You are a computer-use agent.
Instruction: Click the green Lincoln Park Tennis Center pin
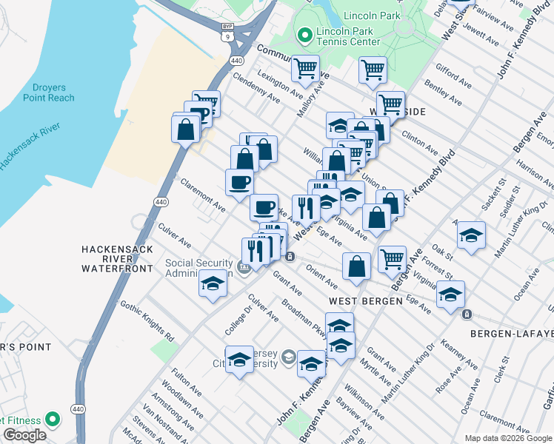(304, 35)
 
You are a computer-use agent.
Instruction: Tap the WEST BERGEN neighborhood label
(365, 301)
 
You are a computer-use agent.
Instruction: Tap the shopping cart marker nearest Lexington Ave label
(304, 69)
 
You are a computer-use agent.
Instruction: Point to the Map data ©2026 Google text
(507, 438)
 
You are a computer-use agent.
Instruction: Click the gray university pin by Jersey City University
(287, 358)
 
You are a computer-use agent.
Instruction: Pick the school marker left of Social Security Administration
(213, 283)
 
